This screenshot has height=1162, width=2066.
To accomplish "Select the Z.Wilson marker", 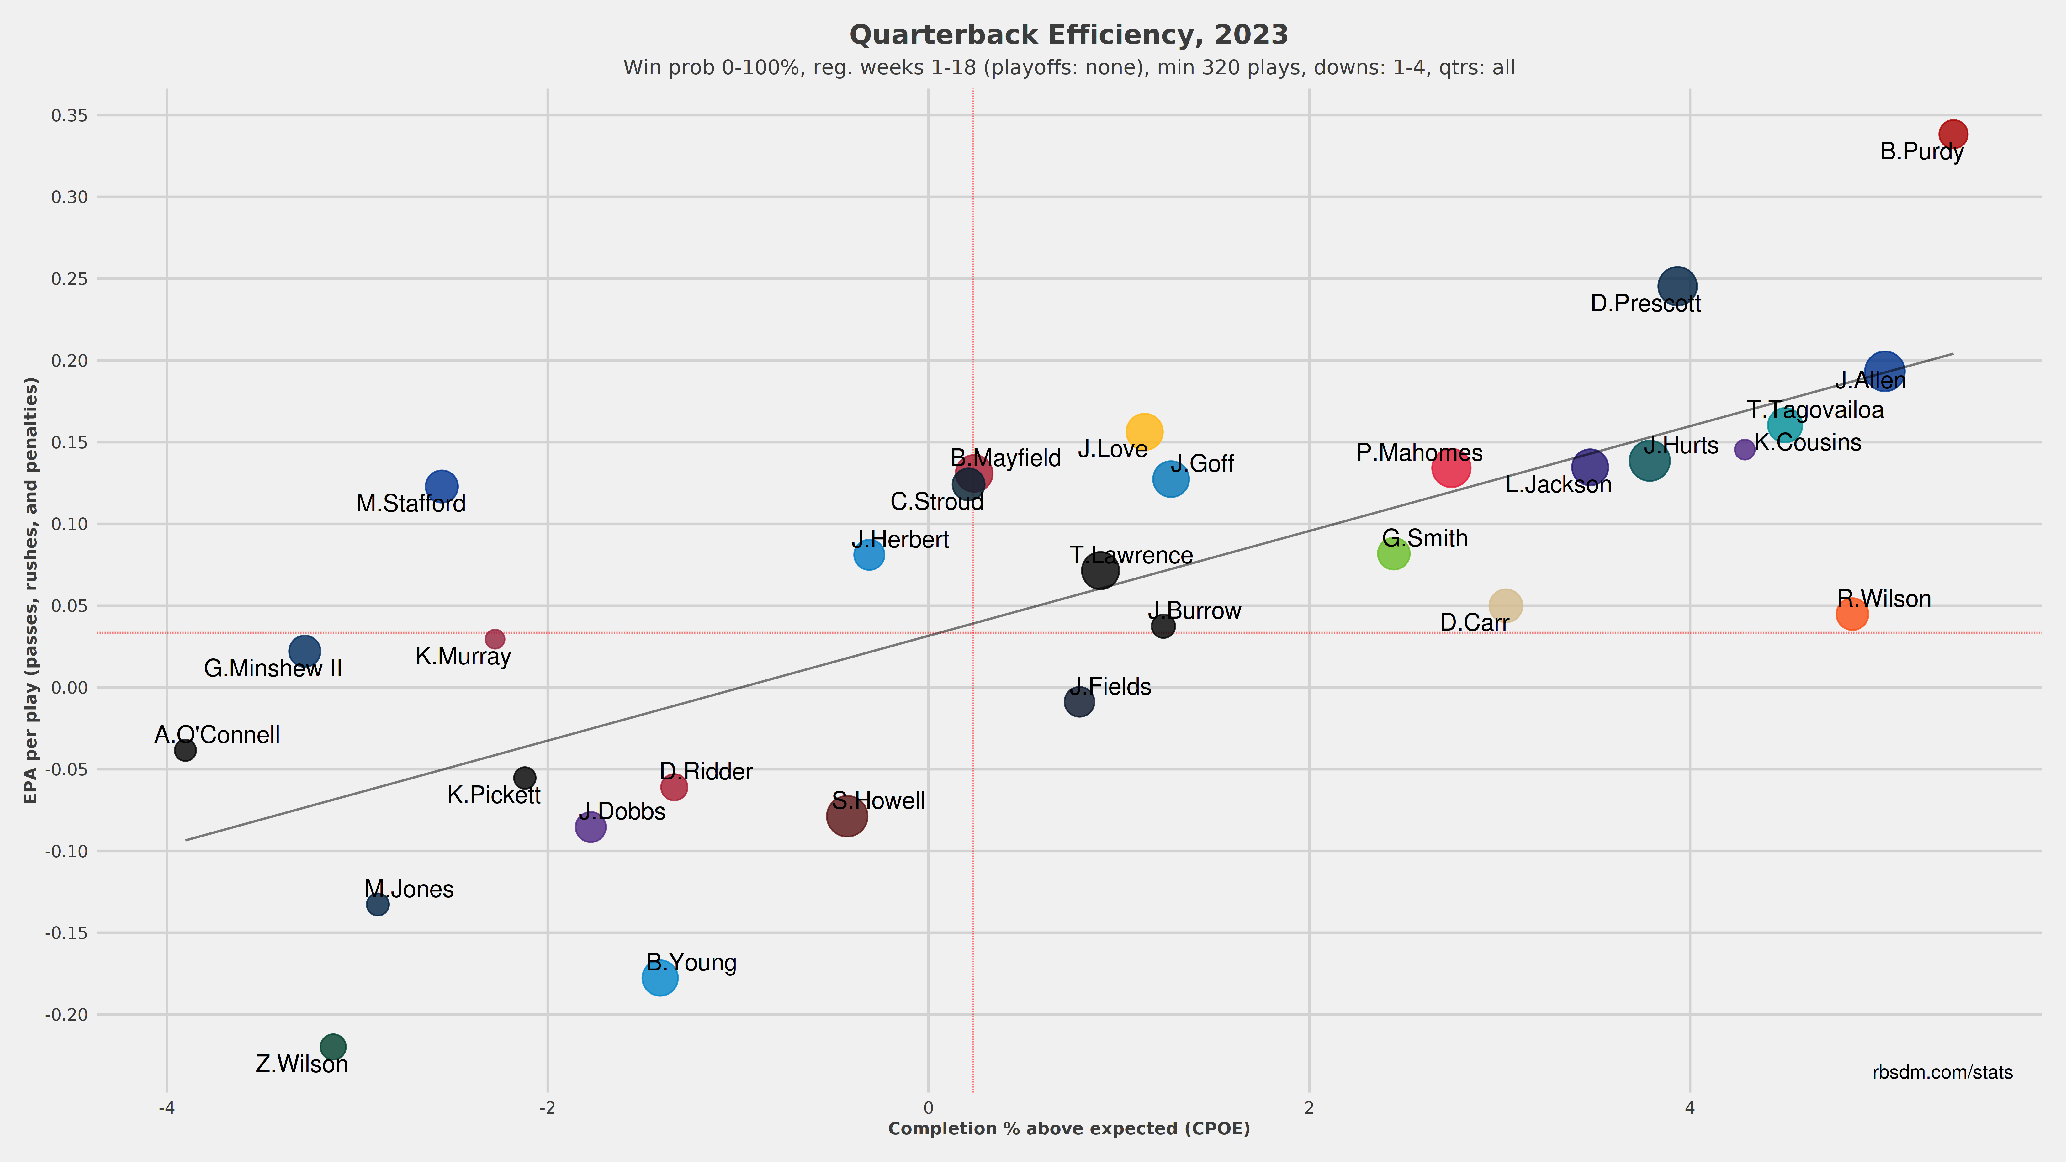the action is click(333, 1047).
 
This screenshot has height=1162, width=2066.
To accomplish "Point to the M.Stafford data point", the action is click(441, 486).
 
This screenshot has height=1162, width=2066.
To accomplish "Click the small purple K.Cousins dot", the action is click(1744, 449).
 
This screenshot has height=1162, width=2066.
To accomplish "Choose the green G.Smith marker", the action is click(1394, 553).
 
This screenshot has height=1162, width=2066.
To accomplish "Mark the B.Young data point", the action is click(660, 978).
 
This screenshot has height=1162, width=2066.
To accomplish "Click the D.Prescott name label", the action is click(1646, 304).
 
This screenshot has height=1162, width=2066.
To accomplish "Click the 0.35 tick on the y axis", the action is click(70, 115).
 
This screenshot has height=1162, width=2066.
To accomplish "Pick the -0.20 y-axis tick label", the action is click(66, 1014).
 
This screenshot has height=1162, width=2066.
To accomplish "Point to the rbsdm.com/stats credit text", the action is click(1942, 1073).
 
